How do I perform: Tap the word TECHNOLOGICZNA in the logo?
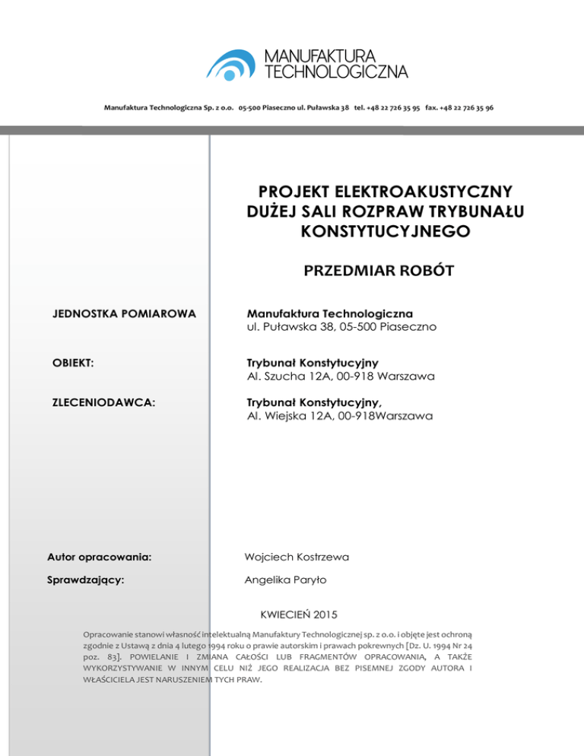coord(335,71)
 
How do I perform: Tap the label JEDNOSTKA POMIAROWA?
coord(124,313)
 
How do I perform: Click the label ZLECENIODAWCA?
coord(104,403)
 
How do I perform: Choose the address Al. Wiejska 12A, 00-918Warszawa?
coord(340,417)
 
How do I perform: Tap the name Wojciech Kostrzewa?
coord(297,557)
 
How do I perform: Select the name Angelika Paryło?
coord(285,580)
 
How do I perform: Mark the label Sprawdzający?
coord(87,580)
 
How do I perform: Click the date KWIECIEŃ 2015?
coord(300,614)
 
